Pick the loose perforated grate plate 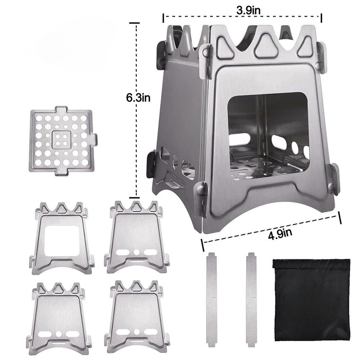(x=63, y=140)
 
